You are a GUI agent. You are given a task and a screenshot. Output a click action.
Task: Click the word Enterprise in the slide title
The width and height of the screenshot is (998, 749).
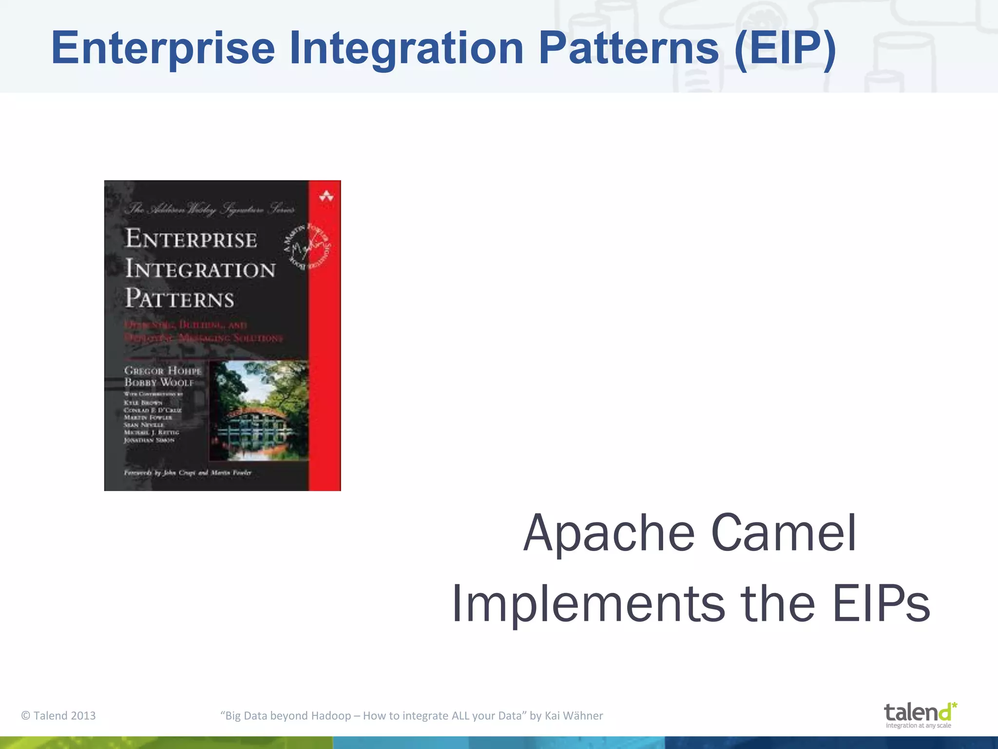(x=163, y=49)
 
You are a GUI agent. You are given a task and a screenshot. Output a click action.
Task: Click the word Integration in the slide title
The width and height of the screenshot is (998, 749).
(x=406, y=49)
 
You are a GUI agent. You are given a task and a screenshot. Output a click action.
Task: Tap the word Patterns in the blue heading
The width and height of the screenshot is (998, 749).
(x=629, y=49)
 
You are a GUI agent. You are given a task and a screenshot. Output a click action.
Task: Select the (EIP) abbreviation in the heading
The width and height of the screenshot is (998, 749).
(x=785, y=49)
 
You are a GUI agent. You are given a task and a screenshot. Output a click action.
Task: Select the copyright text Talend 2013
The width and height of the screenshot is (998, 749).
(x=58, y=715)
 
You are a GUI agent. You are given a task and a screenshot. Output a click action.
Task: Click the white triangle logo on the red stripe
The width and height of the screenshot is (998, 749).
(x=326, y=197)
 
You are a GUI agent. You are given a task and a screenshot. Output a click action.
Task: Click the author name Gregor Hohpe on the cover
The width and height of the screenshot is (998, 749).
(x=162, y=371)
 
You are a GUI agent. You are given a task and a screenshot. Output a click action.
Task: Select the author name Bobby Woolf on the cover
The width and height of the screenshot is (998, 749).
(x=159, y=383)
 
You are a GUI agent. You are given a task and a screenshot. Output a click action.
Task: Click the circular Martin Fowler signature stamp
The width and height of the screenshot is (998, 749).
(x=307, y=246)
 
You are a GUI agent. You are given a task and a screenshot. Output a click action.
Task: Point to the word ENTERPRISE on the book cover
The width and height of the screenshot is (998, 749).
(x=191, y=239)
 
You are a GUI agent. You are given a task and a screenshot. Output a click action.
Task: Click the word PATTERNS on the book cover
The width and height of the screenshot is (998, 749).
(x=179, y=298)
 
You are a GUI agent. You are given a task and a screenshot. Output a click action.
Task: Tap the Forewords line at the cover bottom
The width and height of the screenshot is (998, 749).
(x=188, y=473)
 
